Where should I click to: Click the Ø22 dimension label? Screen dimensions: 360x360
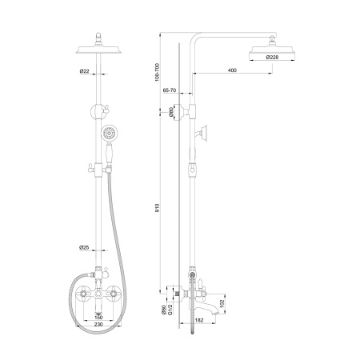(84, 71)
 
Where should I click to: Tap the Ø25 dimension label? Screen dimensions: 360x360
(84, 247)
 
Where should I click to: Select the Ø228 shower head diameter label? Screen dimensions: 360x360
(272, 57)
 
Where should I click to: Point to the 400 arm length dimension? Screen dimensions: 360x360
(232, 70)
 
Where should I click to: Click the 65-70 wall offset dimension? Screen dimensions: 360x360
(170, 90)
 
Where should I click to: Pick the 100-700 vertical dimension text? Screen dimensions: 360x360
(157, 72)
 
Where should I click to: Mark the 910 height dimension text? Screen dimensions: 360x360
(157, 208)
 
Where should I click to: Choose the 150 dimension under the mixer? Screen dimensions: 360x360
(98, 318)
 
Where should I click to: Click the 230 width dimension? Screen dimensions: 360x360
(98, 324)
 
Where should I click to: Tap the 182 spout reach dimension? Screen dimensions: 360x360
(199, 320)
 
